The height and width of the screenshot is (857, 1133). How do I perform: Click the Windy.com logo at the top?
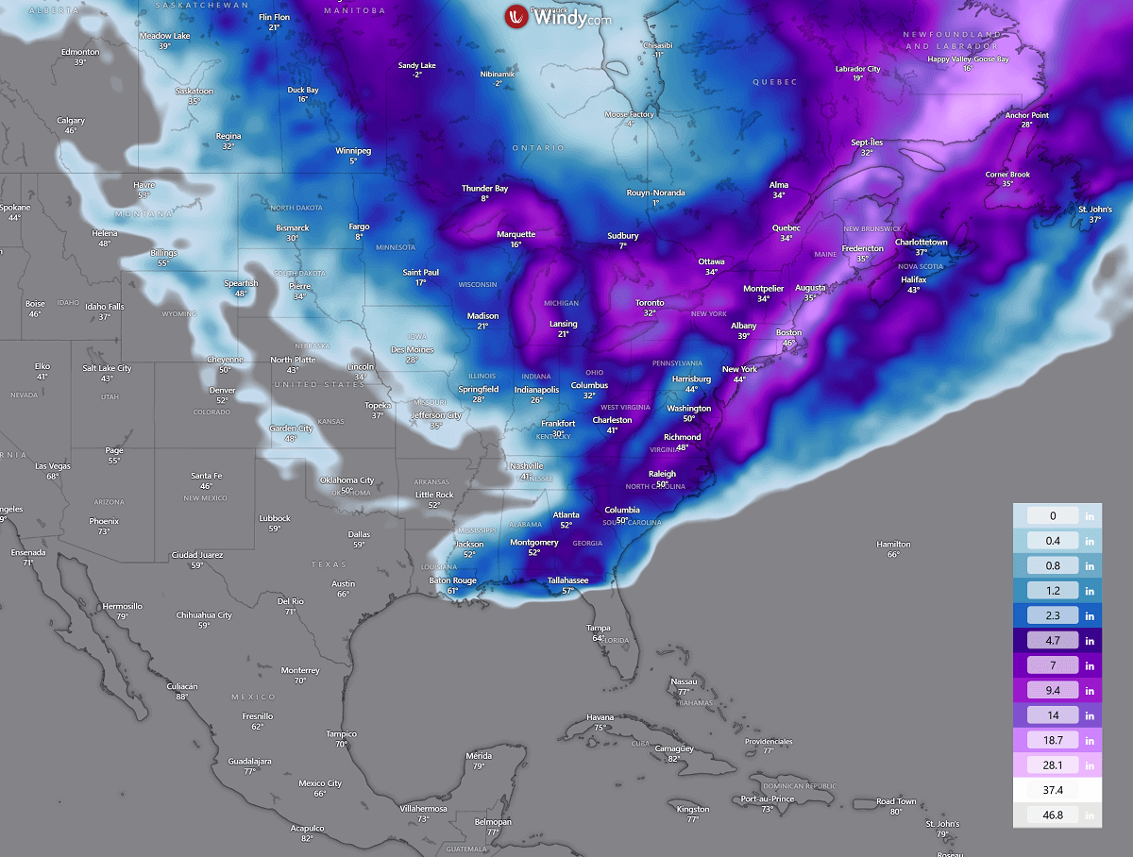(x=557, y=17)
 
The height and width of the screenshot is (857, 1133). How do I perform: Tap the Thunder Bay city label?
(x=484, y=189)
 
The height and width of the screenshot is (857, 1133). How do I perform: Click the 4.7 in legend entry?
(x=1057, y=640)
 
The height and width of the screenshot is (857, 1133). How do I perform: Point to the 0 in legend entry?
(x=1057, y=516)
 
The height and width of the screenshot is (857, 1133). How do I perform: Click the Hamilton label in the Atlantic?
(x=893, y=545)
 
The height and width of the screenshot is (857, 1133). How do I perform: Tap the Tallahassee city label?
(x=568, y=580)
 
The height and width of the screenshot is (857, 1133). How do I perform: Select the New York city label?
(x=739, y=369)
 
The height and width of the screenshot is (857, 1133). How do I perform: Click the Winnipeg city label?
(x=353, y=151)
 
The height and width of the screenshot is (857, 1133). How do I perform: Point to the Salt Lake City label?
(x=107, y=368)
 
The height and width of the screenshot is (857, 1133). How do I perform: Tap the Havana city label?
(x=600, y=717)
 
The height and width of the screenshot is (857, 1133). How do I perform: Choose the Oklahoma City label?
(x=347, y=480)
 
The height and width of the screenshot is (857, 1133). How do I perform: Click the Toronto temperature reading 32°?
(x=650, y=313)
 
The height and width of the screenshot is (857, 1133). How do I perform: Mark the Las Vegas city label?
(x=53, y=466)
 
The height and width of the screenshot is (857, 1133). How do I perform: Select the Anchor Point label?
(x=1026, y=115)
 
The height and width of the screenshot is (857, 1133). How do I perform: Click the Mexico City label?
(x=320, y=783)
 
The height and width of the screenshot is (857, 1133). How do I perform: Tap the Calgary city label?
(x=71, y=121)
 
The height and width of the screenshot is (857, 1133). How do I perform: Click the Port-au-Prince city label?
(x=766, y=799)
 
